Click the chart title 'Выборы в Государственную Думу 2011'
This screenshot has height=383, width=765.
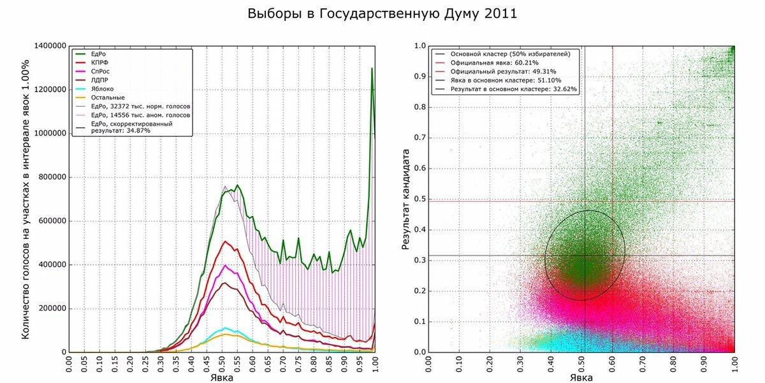click(x=382, y=14)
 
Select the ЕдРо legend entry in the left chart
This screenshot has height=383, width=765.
click(x=99, y=54)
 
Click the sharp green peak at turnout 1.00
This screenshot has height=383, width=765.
click(x=372, y=69)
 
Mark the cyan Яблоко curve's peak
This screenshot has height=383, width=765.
click(x=225, y=328)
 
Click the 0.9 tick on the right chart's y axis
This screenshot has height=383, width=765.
click(x=419, y=77)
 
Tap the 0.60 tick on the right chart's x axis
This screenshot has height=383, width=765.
click(x=613, y=366)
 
